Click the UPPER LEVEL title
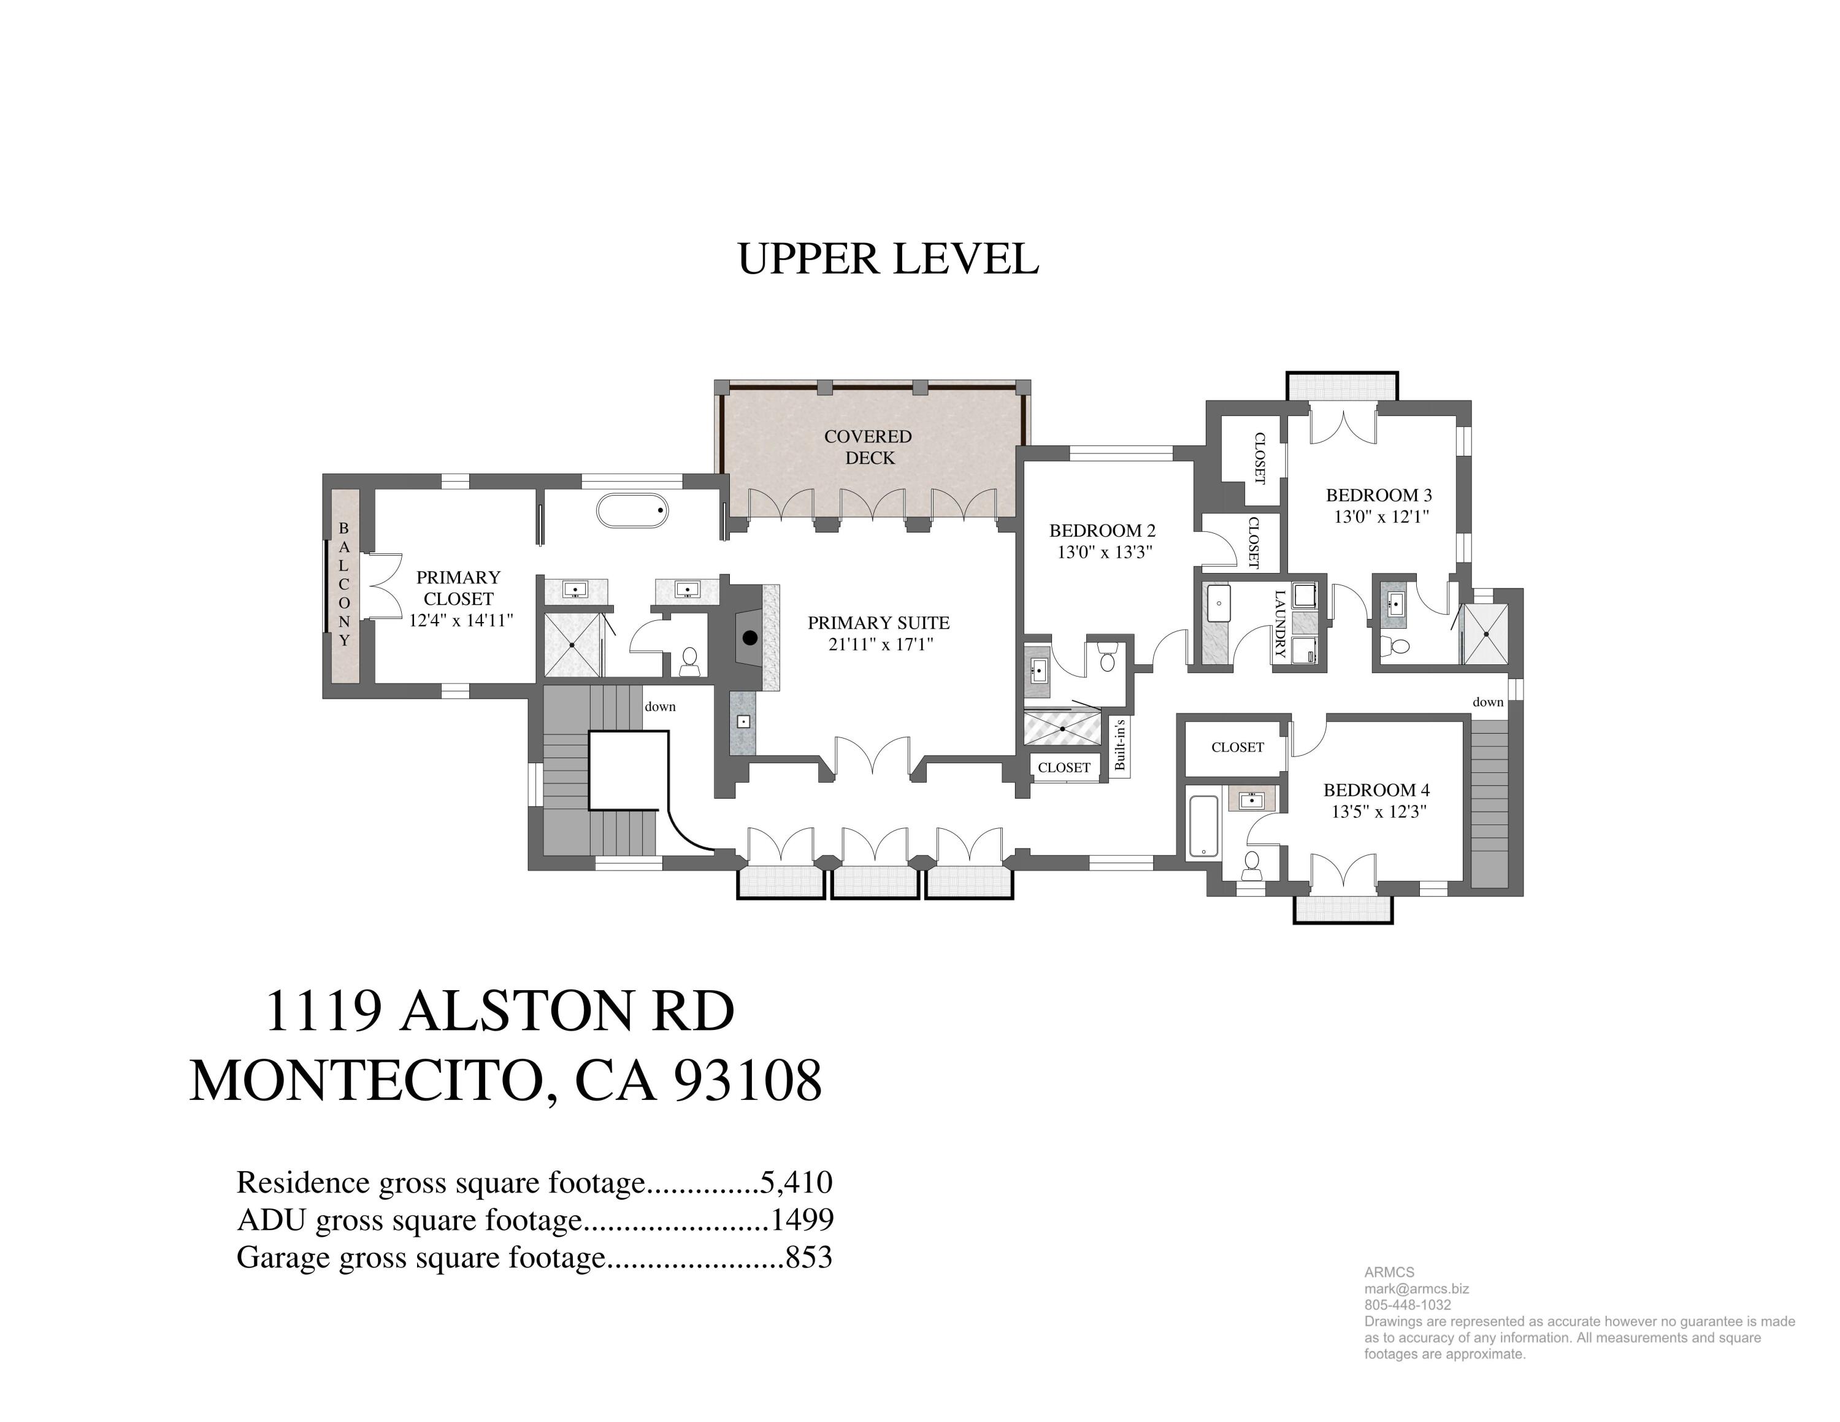(x=888, y=259)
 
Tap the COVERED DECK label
(x=868, y=447)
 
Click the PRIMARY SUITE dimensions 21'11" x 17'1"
(x=880, y=645)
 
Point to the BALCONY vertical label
(x=343, y=584)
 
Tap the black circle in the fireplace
(x=749, y=638)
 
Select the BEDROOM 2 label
(x=1102, y=531)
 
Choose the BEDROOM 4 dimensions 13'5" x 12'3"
(x=1378, y=812)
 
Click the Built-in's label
(x=1120, y=745)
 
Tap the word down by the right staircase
(x=1488, y=702)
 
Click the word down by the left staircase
(x=660, y=707)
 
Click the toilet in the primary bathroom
(x=689, y=661)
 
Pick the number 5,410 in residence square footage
(x=796, y=1183)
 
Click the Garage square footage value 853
(x=809, y=1258)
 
